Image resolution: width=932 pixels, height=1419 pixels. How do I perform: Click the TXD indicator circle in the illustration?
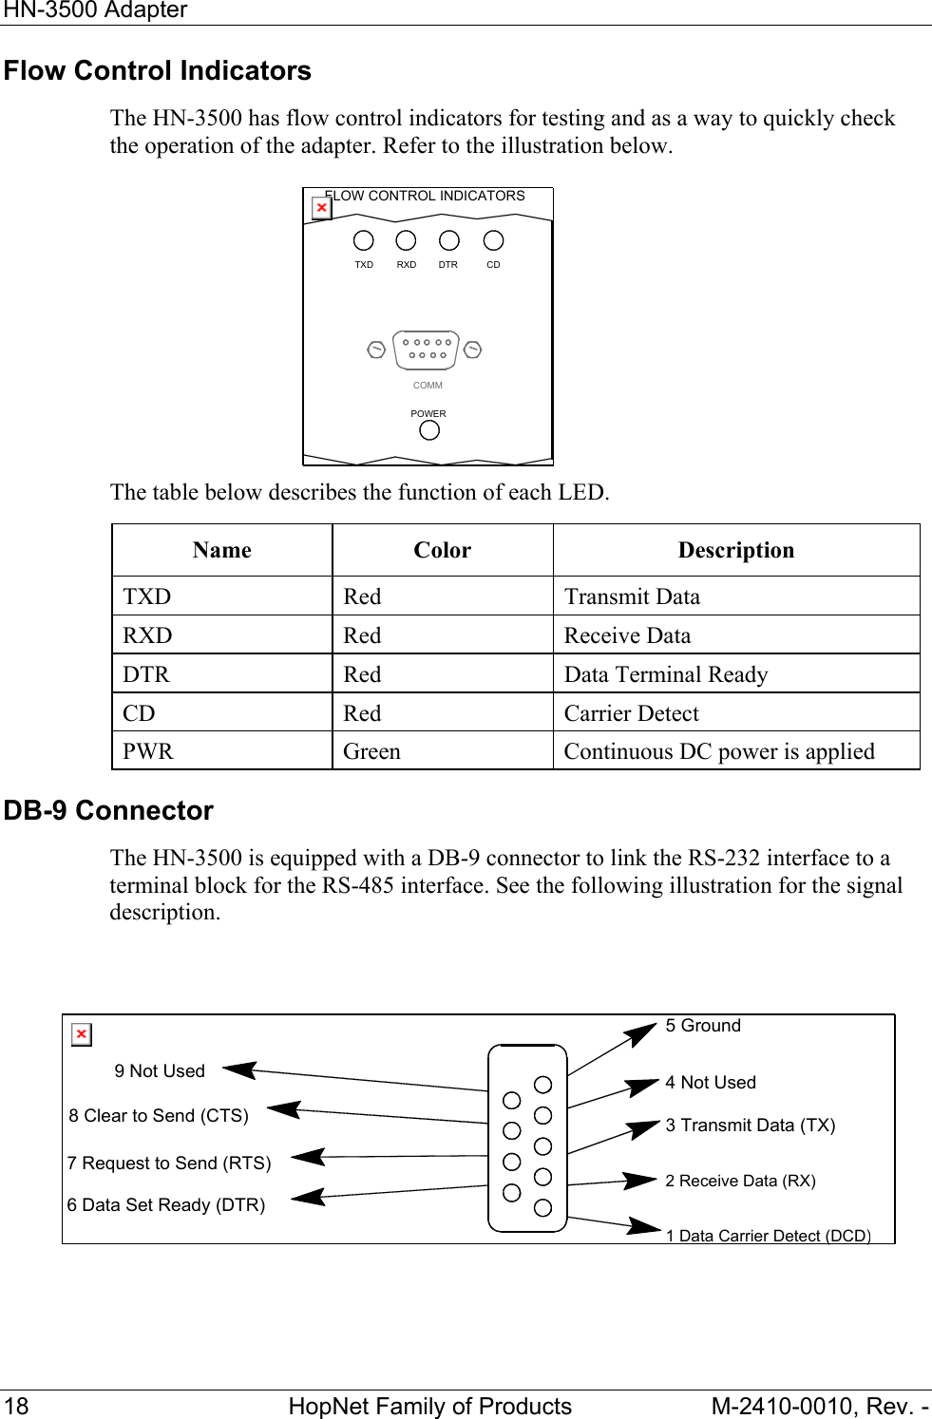coord(363,241)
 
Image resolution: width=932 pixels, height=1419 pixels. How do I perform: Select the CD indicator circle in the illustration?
coord(493,241)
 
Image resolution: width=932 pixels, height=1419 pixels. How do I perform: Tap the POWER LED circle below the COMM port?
coord(429,431)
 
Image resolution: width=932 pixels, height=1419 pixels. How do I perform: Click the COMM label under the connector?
coord(428,386)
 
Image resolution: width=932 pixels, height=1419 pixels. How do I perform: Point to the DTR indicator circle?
coord(449,241)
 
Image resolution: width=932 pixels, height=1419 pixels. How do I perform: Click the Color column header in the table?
coord(442,550)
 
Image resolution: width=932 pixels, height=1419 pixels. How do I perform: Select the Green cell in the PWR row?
coord(372,751)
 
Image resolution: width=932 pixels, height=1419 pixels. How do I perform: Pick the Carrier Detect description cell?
coord(631,713)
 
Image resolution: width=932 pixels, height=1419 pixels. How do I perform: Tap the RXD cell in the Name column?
coord(147,635)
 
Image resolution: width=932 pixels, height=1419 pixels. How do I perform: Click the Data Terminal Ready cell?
coord(665,674)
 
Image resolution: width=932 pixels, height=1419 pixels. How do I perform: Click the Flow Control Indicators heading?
coord(158,71)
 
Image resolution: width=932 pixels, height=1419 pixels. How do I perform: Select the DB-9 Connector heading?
coord(108,811)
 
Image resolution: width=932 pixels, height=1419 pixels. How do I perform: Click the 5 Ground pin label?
coord(703,1026)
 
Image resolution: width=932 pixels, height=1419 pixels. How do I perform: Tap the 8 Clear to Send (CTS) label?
coord(159,1116)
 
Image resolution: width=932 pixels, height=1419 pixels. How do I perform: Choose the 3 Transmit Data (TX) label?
coord(751,1126)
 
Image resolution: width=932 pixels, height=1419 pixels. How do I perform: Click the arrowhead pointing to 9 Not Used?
coord(238,1070)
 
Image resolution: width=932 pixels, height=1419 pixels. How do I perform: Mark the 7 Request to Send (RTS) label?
coord(169,1164)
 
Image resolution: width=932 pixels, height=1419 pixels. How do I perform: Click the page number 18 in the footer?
coord(17,1406)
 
